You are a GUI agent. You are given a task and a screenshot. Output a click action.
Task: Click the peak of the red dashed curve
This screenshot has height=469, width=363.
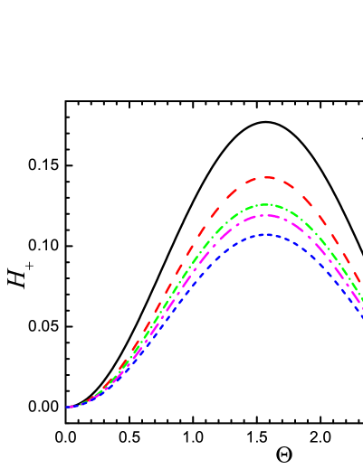pos(268,177)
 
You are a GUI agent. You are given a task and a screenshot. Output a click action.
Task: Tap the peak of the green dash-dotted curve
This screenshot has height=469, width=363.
pos(268,204)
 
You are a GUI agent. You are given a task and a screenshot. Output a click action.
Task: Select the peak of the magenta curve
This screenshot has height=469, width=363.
pos(268,215)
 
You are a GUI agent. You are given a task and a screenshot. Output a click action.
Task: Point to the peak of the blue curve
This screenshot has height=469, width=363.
pos(268,234)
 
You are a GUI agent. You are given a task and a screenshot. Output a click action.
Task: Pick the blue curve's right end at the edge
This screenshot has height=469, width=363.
pos(360,315)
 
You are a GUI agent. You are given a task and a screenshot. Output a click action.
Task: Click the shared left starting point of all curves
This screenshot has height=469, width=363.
pos(69,407)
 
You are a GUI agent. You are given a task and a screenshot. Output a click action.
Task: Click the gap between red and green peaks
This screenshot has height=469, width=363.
pos(268,191)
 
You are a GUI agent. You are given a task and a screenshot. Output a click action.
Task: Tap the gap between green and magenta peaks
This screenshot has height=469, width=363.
pos(268,210)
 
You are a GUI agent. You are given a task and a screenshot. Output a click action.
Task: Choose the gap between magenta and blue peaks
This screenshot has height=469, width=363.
pos(268,225)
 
